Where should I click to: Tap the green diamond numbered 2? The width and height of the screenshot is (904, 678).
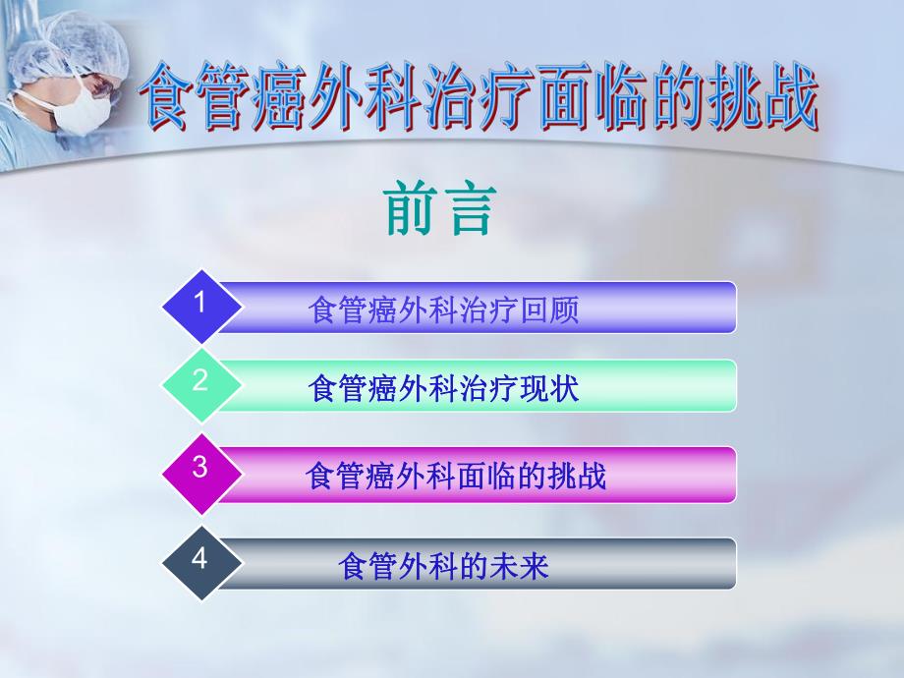point(200,382)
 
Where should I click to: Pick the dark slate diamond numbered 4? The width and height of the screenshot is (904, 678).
point(200,560)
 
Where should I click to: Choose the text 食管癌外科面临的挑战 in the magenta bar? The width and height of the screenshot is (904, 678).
point(457,477)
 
